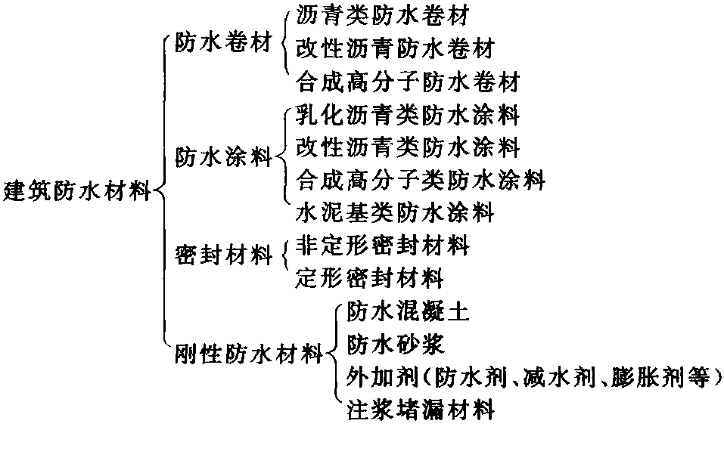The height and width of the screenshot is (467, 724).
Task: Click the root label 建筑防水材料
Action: [x=77, y=191]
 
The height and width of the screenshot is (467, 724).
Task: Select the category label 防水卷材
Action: [x=223, y=43]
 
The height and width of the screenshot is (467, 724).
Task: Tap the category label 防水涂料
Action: [x=223, y=157]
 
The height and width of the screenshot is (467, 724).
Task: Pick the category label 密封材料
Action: [x=223, y=255]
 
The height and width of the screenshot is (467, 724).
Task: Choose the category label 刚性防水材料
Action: [x=249, y=354]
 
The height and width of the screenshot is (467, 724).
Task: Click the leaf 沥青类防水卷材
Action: [x=383, y=15]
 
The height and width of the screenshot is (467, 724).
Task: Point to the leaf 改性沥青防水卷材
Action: [x=395, y=48]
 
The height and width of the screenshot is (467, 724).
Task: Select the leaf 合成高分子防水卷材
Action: [x=408, y=82]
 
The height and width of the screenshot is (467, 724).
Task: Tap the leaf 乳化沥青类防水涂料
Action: [x=408, y=115]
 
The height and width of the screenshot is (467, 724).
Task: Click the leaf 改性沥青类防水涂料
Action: [x=408, y=147]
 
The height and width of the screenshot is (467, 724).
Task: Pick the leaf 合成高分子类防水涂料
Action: [x=421, y=180]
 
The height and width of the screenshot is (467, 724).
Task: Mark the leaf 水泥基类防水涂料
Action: [x=395, y=212]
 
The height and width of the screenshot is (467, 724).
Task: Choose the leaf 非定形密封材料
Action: [x=383, y=246]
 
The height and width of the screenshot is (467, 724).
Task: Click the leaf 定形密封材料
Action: [x=370, y=278]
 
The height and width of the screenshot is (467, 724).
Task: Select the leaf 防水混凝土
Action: [x=409, y=311]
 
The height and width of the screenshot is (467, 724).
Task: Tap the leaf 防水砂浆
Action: [x=396, y=345]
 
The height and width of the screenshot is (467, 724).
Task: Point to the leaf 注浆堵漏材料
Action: [x=421, y=410]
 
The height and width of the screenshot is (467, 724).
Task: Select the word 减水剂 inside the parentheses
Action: [x=559, y=378]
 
